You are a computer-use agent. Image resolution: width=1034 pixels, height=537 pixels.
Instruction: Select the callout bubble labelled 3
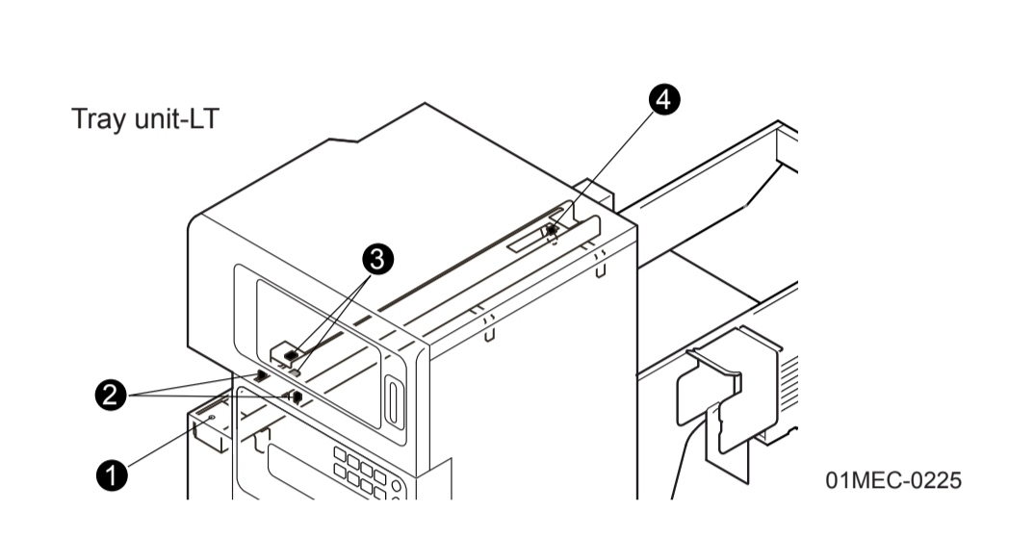coord(377,258)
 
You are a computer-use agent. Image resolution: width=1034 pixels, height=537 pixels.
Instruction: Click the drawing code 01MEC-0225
coord(892,479)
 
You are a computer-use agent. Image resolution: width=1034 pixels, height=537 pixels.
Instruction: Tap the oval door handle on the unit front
coord(391,400)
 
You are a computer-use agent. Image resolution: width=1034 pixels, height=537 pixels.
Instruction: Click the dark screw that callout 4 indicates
coord(551,231)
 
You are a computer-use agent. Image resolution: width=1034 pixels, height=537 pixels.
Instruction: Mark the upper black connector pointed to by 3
coord(290,356)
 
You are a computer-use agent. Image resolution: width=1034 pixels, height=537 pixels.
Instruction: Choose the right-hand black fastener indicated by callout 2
coord(297,396)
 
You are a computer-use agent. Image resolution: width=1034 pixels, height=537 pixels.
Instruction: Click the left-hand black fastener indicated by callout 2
coord(261,373)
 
